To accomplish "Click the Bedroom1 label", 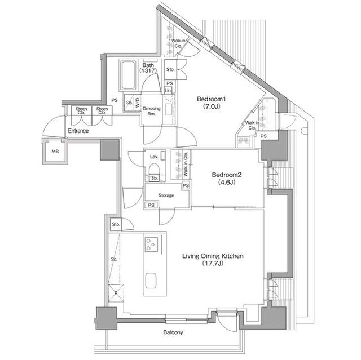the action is tap(211, 99).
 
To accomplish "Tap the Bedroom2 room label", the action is tap(227, 175).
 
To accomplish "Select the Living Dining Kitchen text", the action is tap(213, 256).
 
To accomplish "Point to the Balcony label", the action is tap(173, 332).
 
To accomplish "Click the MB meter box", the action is tap(55, 152).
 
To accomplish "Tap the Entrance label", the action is tap(78, 131).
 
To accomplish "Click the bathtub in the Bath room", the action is tap(128, 75).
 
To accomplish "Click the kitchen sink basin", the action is tap(151, 280).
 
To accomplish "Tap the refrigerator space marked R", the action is tap(116, 293).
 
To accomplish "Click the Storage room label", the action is tap(166, 195).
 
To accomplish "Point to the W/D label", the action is tap(137, 103).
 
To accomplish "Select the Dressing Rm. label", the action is tap(152, 111).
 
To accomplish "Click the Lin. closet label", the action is tap(168, 91).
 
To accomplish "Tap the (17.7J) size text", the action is tap(213, 264).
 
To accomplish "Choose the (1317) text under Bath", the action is tap(148, 70).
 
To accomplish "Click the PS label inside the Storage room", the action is tap(151, 205).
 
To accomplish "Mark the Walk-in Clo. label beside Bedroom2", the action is tap(186, 164).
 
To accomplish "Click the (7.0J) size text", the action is tap(212, 106).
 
